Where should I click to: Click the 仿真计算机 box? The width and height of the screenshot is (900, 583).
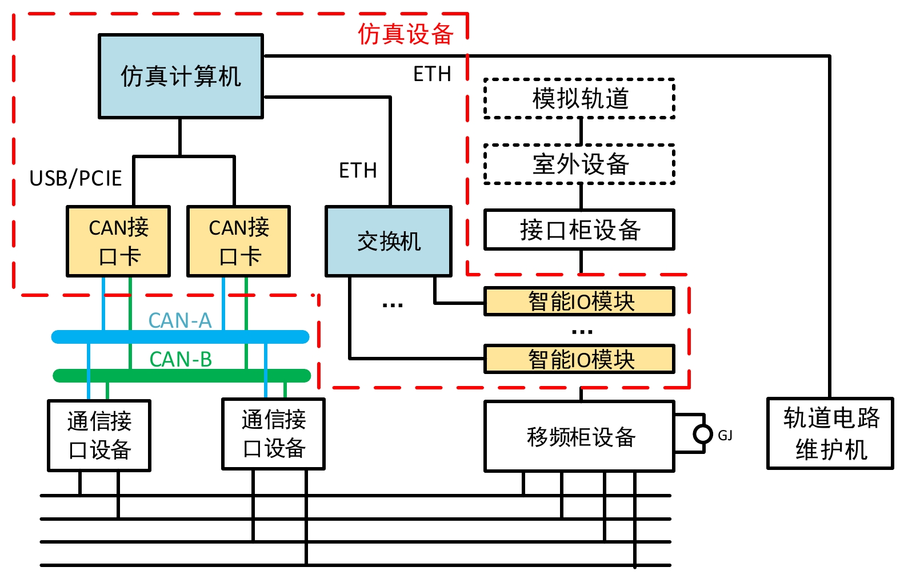point(181,76)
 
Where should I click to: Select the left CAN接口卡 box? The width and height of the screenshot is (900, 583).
point(118,241)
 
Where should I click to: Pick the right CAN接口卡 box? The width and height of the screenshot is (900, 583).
point(239,241)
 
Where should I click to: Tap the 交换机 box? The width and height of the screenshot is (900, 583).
point(389,241)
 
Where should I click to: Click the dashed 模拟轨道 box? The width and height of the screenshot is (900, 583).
point(579,98)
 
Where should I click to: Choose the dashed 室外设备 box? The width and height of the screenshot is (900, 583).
point(579,164)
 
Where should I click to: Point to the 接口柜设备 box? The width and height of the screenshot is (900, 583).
point(579,230)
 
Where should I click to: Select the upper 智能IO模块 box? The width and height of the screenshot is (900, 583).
point(579,301)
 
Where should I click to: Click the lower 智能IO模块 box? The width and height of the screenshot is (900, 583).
point(579,359)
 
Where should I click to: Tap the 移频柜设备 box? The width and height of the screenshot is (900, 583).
point(579,436)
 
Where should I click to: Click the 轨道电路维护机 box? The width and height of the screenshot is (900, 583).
point(830,433)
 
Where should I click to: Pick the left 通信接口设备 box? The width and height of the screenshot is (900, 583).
point(99,436)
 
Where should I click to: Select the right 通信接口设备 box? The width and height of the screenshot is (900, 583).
point(273,434)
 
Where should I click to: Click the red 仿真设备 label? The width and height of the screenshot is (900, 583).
point(405,34)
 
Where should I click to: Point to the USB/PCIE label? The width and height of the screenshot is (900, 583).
point(75,179)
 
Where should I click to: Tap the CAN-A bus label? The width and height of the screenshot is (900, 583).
point(180,320)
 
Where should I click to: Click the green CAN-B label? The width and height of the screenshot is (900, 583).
point(181,359)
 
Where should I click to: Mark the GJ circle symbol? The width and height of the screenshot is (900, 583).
point(702,434)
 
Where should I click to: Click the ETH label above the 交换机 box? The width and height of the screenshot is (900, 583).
point(358,170)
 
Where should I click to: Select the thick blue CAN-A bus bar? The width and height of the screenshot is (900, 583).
point(181,337)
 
